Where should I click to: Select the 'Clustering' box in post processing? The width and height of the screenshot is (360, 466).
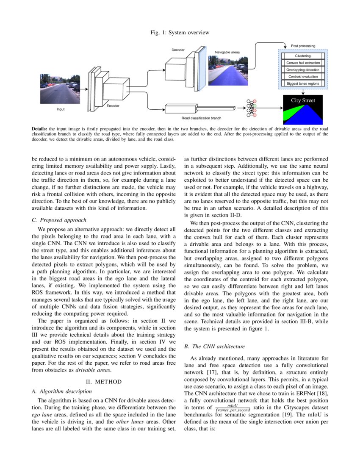pos(302,56)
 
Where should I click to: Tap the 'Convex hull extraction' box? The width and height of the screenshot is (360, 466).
pos(302,63)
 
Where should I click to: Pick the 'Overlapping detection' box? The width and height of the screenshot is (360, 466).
pos(302,69)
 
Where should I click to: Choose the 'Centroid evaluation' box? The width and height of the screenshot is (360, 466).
pos(302,77)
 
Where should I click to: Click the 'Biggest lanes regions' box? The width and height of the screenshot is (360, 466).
pos(302,83)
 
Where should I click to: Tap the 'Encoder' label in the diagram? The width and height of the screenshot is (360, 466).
pos(113,105)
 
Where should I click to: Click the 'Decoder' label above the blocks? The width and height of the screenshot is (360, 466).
pos(178,50)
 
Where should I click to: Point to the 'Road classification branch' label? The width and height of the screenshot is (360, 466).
pos(201,118)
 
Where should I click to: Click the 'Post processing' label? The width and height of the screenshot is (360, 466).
pos(303,46)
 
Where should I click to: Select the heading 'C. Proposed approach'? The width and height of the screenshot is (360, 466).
pos(59,220)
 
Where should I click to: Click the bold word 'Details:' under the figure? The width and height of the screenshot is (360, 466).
pos(40,128)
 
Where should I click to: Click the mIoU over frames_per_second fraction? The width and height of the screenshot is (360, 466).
pos(233,408)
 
